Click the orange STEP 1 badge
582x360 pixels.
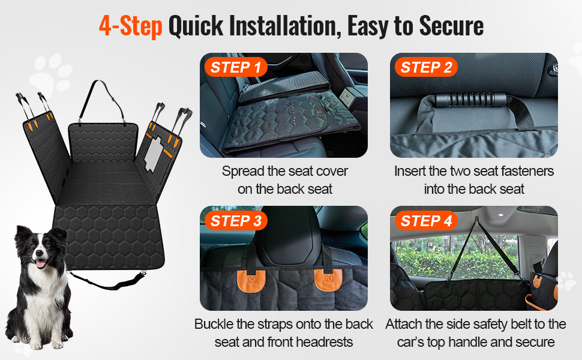click(x=236, y=67)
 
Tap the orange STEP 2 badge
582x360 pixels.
click(x=426, y=67)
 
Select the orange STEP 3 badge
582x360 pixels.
click(x=236, y=221)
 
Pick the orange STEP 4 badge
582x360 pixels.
click(x=426, y=221)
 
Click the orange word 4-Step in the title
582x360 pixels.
click(x=131, y=26)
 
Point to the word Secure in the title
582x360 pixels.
click(x=451, y=26)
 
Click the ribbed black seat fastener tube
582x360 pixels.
click(x=470, y=100)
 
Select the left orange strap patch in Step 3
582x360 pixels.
click(x=251, y=281)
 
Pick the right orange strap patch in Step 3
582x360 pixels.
click(x=328, y=280)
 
